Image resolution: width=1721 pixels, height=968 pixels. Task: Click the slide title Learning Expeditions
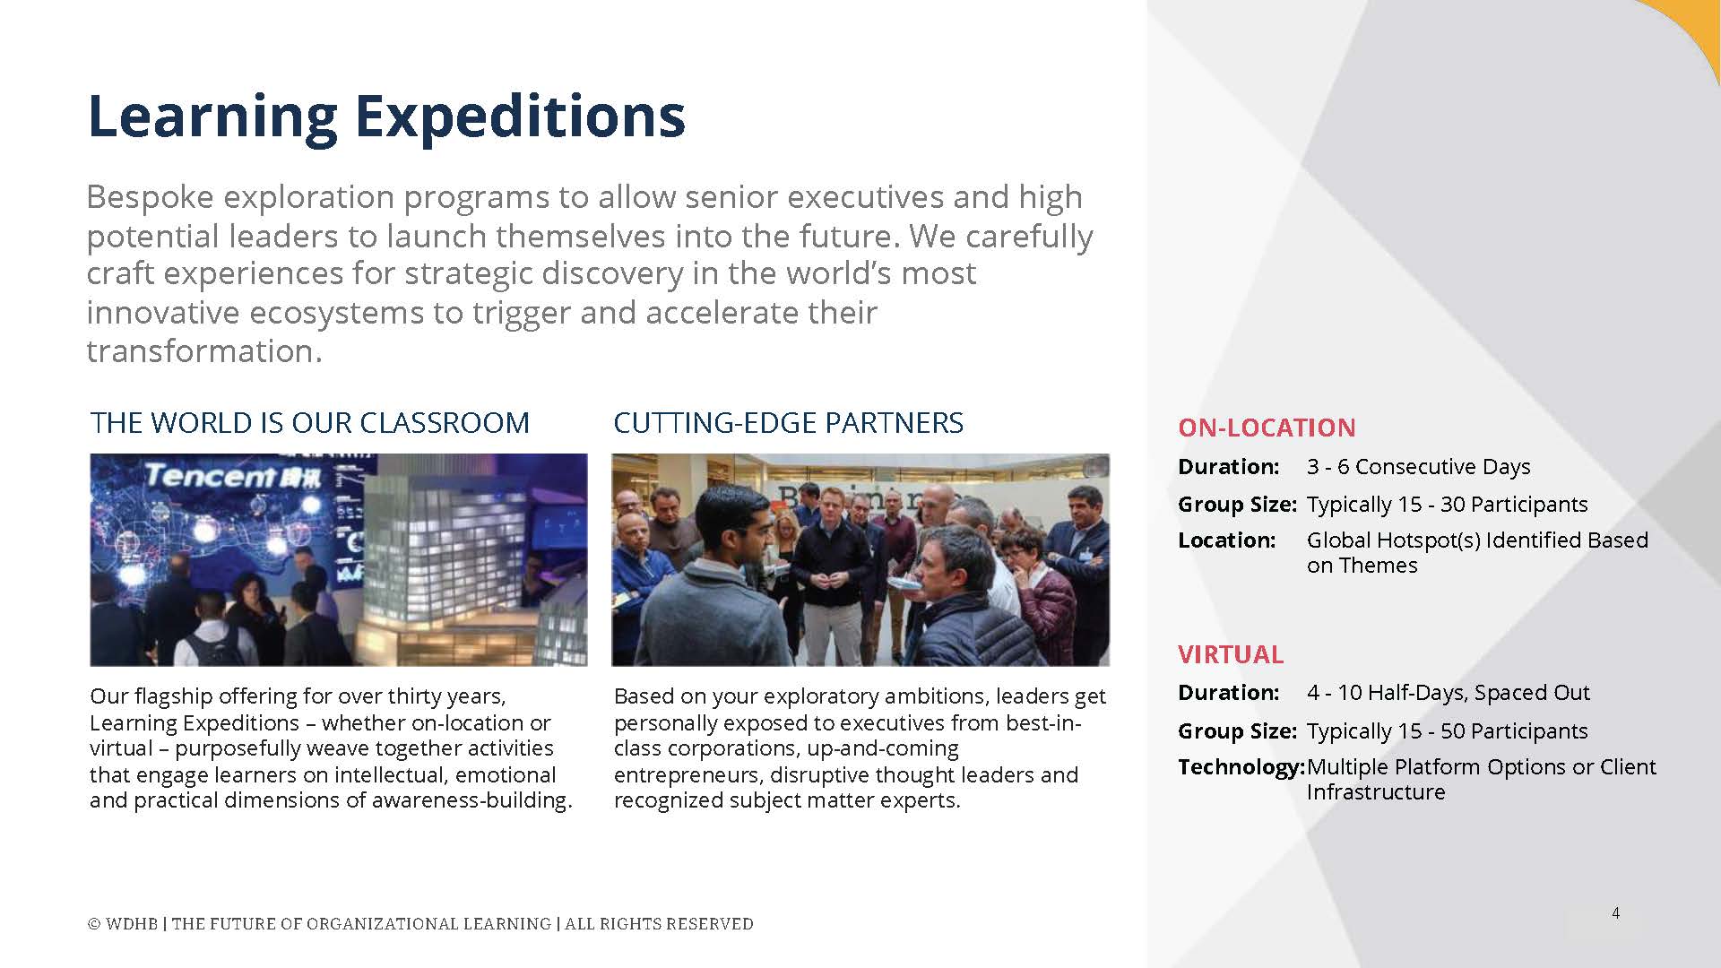point(386,117)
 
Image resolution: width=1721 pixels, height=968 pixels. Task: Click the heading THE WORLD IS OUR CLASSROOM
point(310,422)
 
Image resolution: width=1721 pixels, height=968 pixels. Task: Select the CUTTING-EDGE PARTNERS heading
point(789,422)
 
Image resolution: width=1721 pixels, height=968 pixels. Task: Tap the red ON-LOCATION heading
point(1267,428)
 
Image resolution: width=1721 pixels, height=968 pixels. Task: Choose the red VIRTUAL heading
point(1231,654)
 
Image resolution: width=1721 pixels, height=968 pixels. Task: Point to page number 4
point(1615,913)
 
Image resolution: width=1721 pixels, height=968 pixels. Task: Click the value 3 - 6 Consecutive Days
point(1418,467)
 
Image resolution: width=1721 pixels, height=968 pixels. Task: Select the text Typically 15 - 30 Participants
point(1447,505)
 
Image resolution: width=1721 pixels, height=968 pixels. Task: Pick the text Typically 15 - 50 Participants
point(1447,731)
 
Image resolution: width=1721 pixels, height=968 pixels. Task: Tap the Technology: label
point(1241,767)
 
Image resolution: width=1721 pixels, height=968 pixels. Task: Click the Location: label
point(1226,540)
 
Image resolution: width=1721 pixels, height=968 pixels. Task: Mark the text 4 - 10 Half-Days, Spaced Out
point(1448,693)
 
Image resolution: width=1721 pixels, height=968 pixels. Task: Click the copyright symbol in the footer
point(93,924)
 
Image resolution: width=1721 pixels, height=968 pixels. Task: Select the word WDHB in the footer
point(131,924)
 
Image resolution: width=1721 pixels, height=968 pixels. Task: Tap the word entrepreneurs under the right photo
point(688,776)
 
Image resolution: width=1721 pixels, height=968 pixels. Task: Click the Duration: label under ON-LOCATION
point(1228,467)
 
